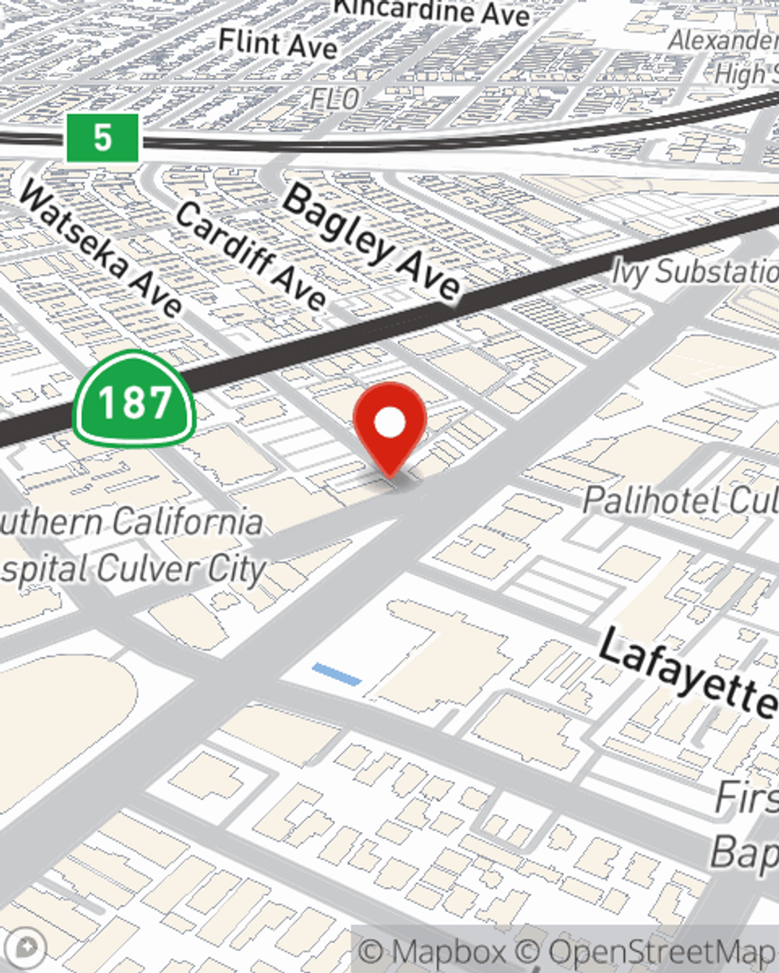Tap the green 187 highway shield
coord(134,401)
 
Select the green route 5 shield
coord(102,138)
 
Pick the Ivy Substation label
coord(694,272)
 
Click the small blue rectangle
coord(337,674)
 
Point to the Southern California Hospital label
coord(132,545)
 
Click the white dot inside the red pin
coord(389,423)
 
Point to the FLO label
coord(335,98)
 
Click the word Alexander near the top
coord(722,40)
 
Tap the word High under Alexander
coord(744,74)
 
